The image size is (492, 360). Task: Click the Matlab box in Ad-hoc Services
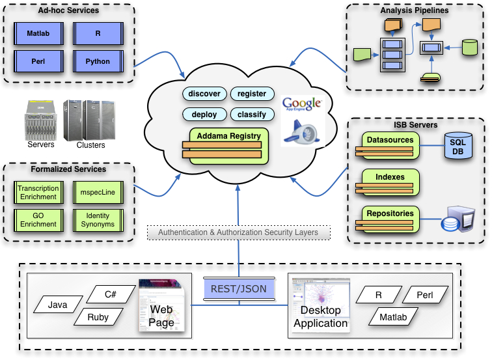tap(39, 33)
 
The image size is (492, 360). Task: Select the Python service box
tap(97, 62)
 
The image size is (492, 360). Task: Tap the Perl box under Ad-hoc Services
tap(39, 62)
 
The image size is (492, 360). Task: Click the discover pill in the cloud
tap(204, 94)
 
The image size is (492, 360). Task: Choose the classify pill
tap(252, 115)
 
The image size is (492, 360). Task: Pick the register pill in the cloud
tap(252, 94)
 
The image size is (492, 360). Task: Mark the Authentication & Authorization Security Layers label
tap(238, 232)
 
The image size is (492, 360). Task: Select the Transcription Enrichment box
tap(38, 193)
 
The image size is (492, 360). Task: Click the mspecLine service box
tap(97, 193)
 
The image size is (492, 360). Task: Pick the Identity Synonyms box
tap(97, 219)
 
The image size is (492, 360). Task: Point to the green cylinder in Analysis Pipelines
tap(469, 48)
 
